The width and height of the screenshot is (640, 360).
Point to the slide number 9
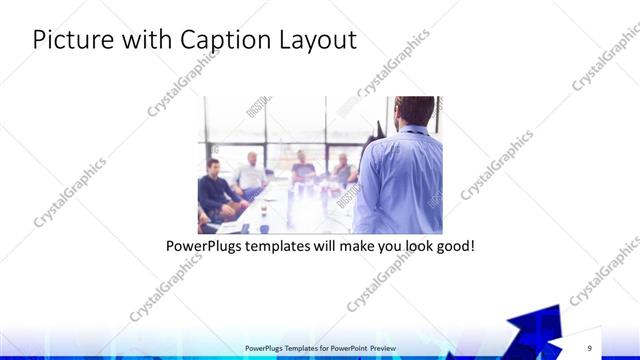pyautogui.click(x=590, y=348)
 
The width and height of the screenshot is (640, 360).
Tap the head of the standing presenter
pyautogui.click(x=413, y=111)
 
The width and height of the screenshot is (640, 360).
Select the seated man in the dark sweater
pyautogui.click(x=215, y=189)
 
